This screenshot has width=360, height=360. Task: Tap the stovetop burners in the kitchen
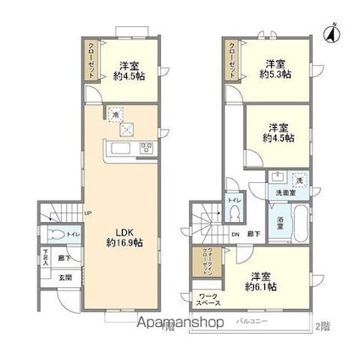pyautogui.click(x=145, y=151)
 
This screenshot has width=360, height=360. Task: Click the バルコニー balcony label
pyautogui.click(x=252, y=323)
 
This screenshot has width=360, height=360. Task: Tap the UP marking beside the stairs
pyautogui.click(x=87, y=213)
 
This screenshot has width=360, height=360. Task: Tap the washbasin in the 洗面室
pyautogui.click(x=278, y=180)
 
